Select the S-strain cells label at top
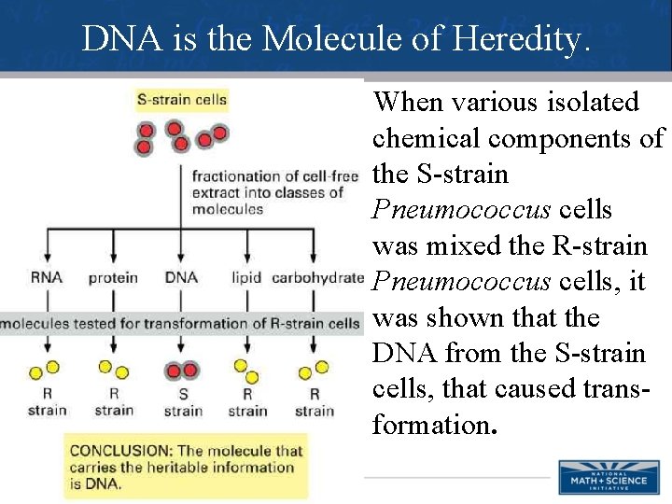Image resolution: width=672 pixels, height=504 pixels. pos(182,99)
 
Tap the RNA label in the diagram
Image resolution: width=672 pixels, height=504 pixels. pos(46,277)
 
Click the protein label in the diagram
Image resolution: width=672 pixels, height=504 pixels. pos(113,277)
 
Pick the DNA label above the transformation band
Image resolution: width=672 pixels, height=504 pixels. pos(181,277)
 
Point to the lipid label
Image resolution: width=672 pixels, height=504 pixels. pos(246,277)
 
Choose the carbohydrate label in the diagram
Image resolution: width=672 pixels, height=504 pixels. pos(317,277)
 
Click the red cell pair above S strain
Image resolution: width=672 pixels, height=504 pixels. pos(182,371)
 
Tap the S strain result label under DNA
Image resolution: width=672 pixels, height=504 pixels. pos(183,402)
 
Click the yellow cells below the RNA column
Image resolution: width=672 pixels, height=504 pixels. pos(46,371)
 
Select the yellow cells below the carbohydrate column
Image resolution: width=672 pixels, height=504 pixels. pos(314,371)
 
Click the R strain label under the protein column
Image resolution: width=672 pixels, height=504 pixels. pos(114,402)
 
